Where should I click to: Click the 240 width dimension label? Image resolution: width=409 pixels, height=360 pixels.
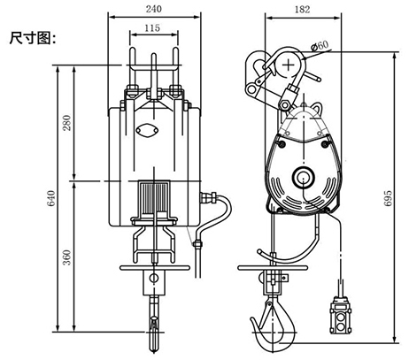click(154, 9)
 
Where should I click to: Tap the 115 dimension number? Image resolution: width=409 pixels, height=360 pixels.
click(152, 28)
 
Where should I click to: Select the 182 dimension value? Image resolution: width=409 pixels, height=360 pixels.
click(303, 10)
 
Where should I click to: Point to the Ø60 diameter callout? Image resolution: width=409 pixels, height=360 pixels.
click(320, 45)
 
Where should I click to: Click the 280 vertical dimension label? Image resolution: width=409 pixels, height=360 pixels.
click(67, 123)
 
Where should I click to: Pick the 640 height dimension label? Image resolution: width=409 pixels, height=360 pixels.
click(51, 198)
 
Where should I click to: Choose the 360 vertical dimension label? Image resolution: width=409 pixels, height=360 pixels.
click(67, 257)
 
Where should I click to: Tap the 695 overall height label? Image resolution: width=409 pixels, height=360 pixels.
click(389, 198)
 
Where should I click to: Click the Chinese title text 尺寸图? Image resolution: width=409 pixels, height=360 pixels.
click(33, 38)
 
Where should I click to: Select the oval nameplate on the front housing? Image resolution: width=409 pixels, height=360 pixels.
click(147, 130)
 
